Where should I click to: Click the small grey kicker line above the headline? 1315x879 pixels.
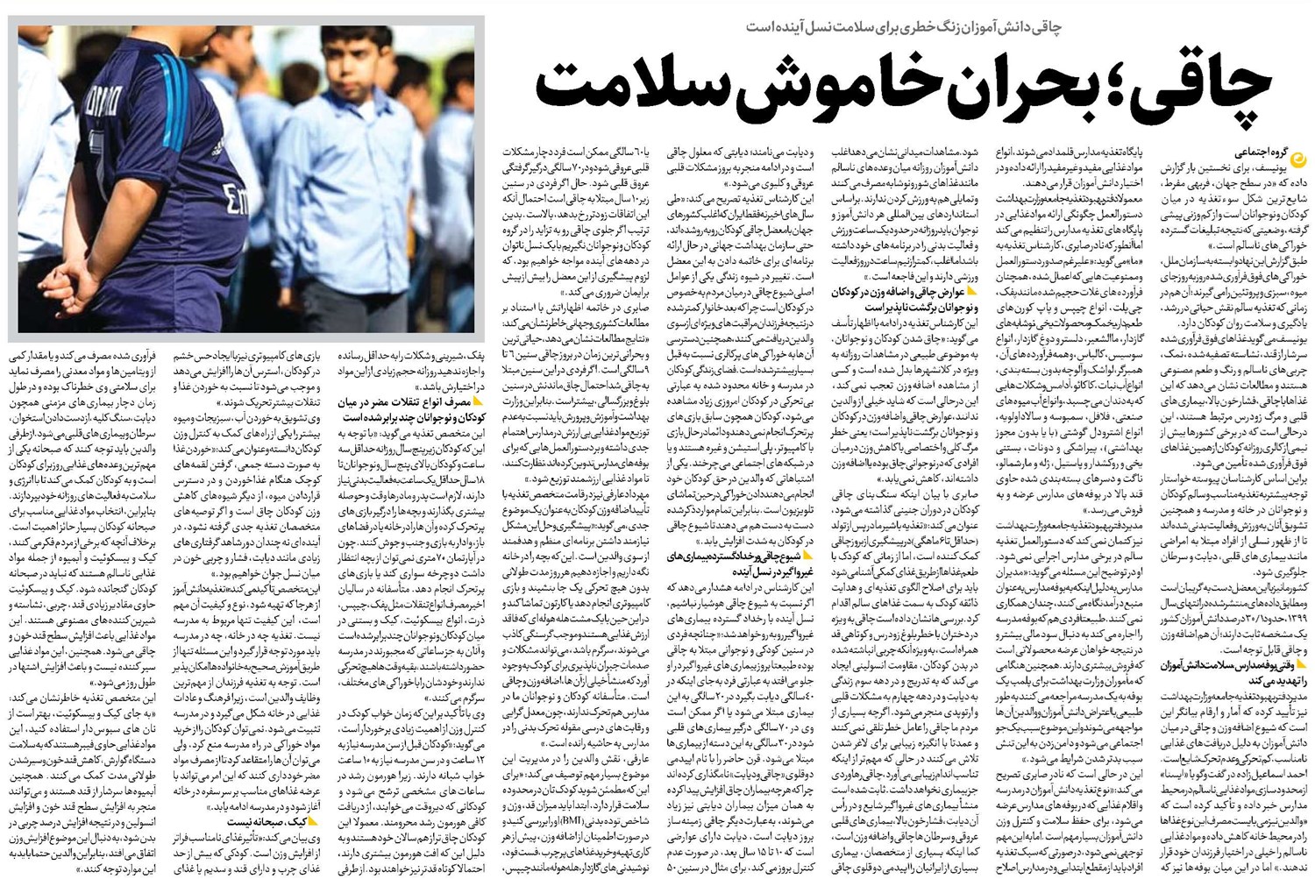[903, 27]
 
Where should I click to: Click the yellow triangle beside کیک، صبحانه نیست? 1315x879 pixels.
[313, 822]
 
